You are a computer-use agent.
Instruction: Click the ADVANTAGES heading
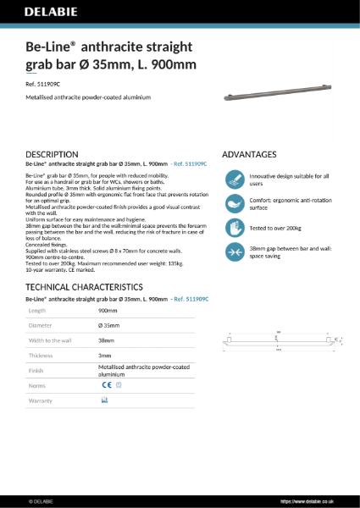coord(249,155)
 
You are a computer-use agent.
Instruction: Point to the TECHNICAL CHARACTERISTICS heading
coord(85,288)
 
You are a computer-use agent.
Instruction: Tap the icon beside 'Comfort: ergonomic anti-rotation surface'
coord(235,203)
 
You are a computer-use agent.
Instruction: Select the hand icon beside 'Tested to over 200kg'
coord(235,227)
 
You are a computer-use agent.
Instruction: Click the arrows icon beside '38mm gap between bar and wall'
coord(235,251)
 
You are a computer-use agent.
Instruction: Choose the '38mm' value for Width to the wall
coord(106,341)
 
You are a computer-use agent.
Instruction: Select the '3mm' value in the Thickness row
coord(104,356)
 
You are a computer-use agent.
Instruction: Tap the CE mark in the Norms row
coord(106,385)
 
